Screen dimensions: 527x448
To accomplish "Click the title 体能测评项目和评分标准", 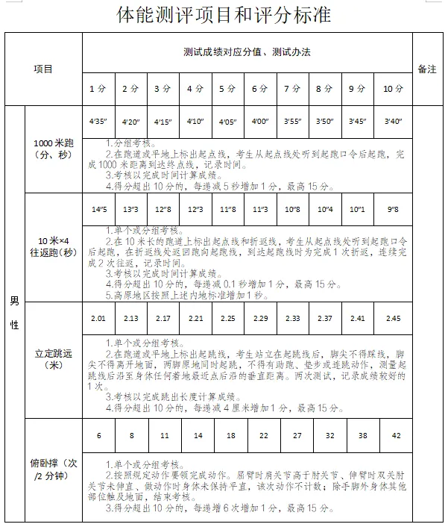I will pyautogui.click(x=224, y=14).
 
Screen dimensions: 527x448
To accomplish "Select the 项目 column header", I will pyautogui.click(x=43, y=69).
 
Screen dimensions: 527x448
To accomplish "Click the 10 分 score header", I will pyautogui.click(x=393, y=89).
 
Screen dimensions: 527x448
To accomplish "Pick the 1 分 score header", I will pyautogui.click(x=98, y=89).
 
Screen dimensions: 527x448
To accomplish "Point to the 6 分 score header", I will pyautogui.click(x=259, y=89).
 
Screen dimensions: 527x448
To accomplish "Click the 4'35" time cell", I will pyautogui.click(x=98, y=121).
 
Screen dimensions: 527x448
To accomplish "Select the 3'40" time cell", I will pyautogui.click(x=393, y=121).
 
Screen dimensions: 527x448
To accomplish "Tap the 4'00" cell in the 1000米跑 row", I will pyautogui.click(x=259, y=121).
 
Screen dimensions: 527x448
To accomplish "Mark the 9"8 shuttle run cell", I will pyautogui.click(x=393, y=210).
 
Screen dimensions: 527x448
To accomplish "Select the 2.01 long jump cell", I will pyautogui.click(x=98, y=319).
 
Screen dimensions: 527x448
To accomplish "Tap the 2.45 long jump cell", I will pyautogui.click(x=393, y=319).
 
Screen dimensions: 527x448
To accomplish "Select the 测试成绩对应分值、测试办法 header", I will pyautogui.click(x=247, y=53).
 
